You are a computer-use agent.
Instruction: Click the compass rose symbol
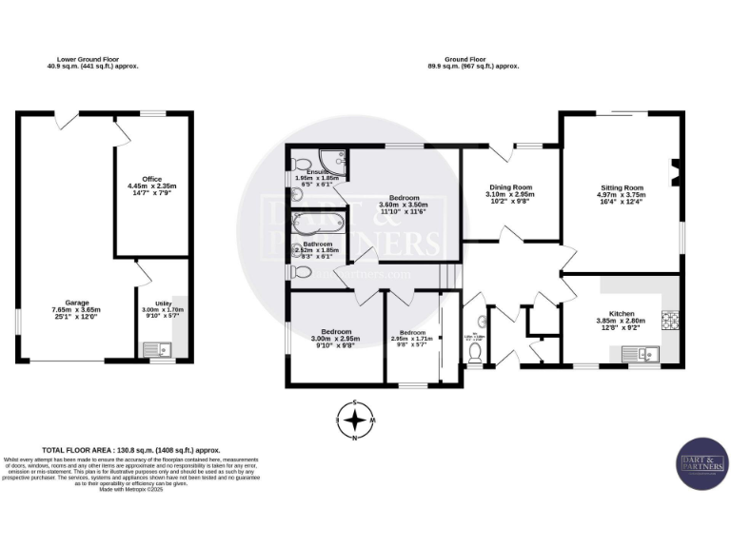coord(356,420)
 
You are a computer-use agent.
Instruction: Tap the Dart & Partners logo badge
coord(702,463)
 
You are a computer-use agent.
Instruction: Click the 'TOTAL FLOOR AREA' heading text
coord(131,449)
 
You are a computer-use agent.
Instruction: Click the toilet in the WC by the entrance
coord(476,352)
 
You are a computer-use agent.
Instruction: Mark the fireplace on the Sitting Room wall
coord(675,174)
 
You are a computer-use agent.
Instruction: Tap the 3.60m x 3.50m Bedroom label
coord(404,204)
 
